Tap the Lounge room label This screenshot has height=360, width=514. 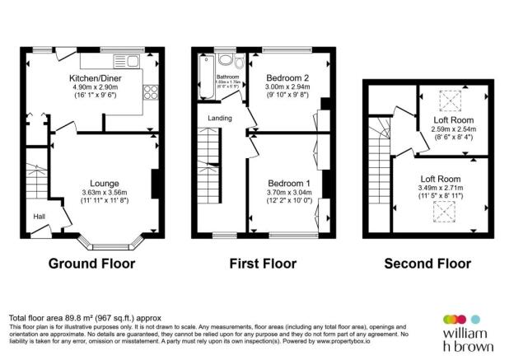[x=105, y=183]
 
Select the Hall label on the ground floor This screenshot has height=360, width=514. [x=39, y=217]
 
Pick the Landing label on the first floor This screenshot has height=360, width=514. [x=218, y=119]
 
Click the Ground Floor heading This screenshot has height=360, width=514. [x=91, y=264]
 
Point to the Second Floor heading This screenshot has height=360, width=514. [x=428, y=264]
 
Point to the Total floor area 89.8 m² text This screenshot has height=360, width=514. [x=85, y=317]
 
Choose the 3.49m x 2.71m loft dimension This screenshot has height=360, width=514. [x=440, y=188]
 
